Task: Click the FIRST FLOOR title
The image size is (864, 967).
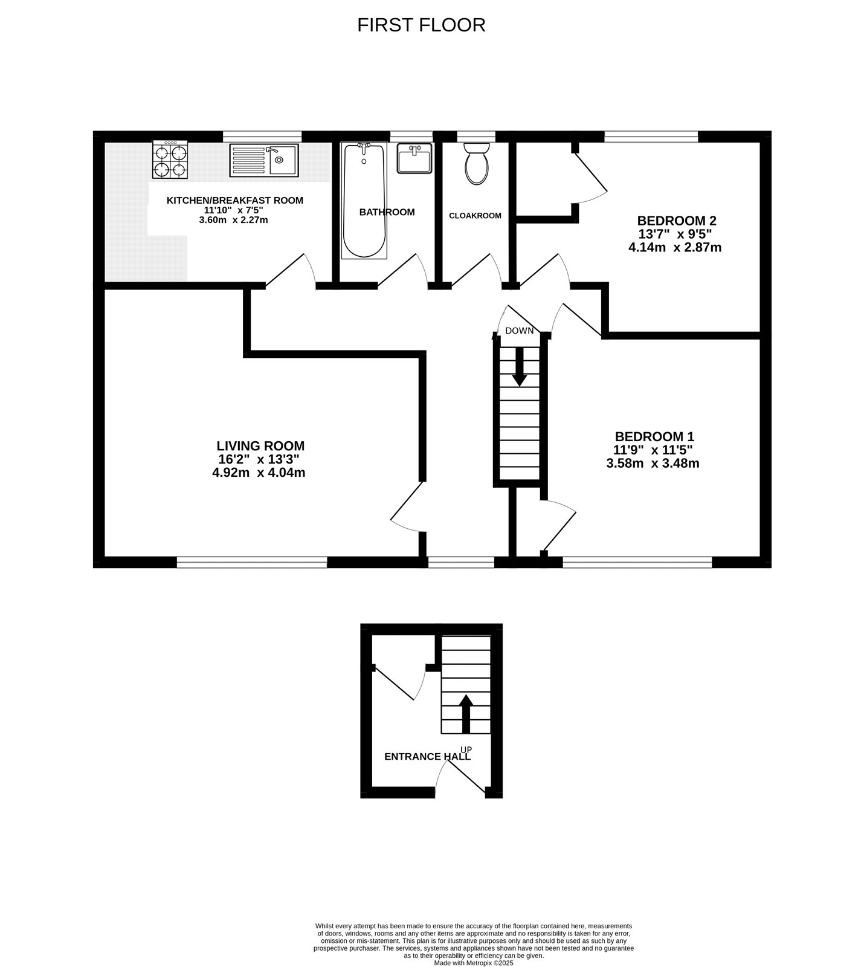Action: coord(421,25)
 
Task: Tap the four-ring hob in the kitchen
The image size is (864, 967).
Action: coord(170,160)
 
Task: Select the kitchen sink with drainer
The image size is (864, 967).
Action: coord(263,160)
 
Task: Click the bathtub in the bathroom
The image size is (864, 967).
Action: coord(364,200)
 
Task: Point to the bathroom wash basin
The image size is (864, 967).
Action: coord(414,158)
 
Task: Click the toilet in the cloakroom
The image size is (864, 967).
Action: coord(477,163)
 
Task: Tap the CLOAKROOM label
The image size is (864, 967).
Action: coord(475,216)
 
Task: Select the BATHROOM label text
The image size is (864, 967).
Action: coord(387,212)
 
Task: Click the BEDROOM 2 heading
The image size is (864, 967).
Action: coord(677,221)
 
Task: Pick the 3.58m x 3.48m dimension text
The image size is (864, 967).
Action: coord(653,464)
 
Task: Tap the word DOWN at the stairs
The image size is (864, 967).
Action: coord(520,331)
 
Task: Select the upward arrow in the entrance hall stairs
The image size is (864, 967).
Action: coord(466,713)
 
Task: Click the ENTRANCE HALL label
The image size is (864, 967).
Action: coord(427,757)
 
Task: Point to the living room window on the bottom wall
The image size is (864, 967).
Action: coord(252,563)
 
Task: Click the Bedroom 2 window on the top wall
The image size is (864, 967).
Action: coord(651,137)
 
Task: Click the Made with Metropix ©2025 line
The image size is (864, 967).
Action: coord(474,963)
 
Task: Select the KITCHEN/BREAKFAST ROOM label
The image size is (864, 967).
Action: coord(234,201)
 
